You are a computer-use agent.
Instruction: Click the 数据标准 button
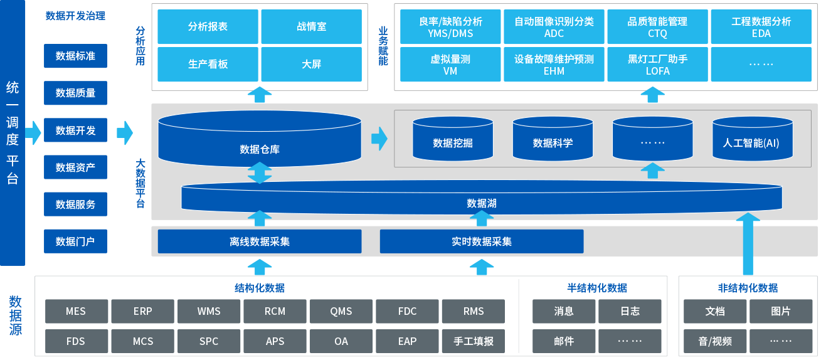75,56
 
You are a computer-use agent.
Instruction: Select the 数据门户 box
75,241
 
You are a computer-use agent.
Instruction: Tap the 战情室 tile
311,27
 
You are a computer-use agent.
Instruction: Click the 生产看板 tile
208,64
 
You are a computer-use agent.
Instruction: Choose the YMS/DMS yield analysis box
450,27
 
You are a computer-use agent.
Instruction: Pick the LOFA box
657,65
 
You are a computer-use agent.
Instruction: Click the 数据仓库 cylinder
260,148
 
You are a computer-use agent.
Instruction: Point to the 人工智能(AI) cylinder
751,142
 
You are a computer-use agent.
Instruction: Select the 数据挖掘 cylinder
452,142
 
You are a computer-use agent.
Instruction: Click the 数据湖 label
482,203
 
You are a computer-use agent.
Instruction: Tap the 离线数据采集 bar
260,241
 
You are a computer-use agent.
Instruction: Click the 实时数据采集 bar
482,241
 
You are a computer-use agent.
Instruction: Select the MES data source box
76,311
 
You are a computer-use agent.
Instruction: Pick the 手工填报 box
474,341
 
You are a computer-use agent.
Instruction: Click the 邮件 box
564,341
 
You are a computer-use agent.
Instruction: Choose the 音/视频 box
714,341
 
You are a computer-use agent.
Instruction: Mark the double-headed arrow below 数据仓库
260,173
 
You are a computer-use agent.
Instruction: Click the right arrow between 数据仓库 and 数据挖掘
379,139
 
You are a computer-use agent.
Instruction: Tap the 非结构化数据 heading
748,288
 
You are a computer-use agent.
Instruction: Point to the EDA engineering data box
761,27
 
